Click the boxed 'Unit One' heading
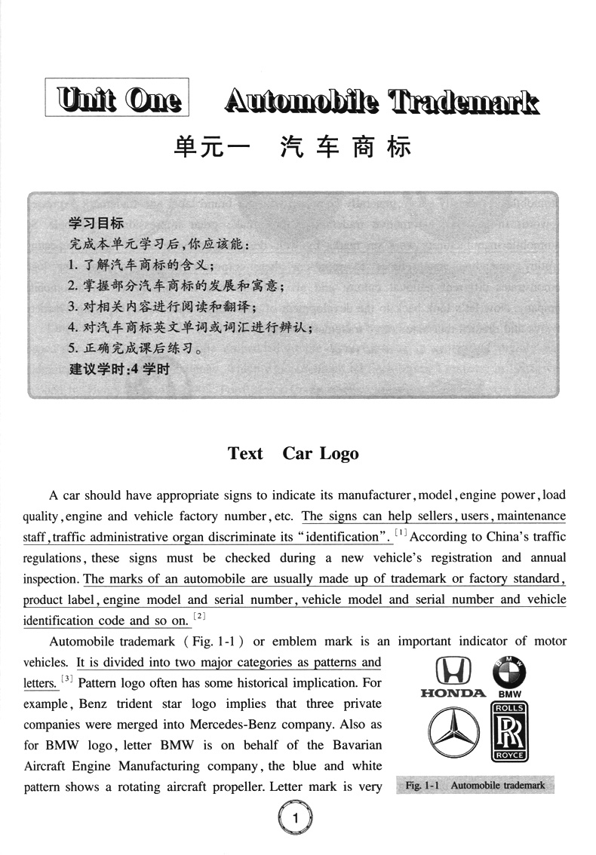(117, 100)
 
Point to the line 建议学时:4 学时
(119, 369)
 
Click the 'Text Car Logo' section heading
(293, 453)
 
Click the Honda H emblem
(453, 670)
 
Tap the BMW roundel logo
(509, 670)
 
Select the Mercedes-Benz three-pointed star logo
(453, 732)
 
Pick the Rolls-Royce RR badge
(510, 731)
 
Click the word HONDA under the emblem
(453, 693)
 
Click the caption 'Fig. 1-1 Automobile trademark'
(475, 785)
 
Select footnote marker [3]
(67, 680)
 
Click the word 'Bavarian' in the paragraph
(357, 745)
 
